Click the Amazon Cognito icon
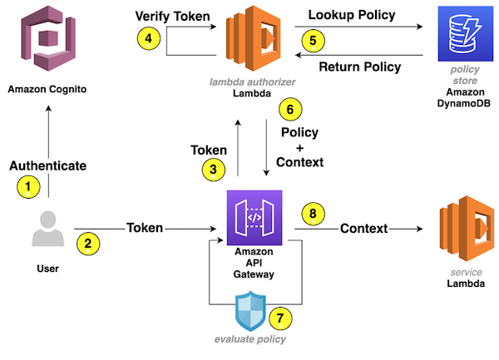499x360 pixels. coord(49,40)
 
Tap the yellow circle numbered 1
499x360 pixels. coord(29,187)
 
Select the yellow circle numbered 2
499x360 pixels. coord(86,244)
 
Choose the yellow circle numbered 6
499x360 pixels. coord(289,110)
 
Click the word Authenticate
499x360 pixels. coord(47,165)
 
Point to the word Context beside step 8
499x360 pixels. coord(364,228)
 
